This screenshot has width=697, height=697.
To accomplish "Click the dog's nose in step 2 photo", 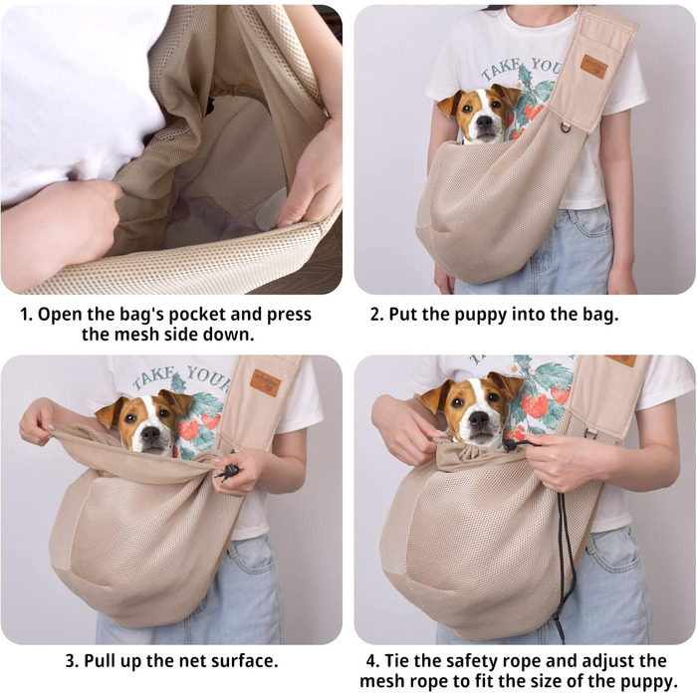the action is pyautogui.click(x=485, y=122).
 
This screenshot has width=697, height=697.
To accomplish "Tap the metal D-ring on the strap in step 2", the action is pyautogui.click(x=565, y=127).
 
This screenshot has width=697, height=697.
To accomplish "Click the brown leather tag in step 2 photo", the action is pyautogui.click(x=593, y=66).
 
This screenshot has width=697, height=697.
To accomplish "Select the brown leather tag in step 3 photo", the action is pyautogui.click(x=265, y=382).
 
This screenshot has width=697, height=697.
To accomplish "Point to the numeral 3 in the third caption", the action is pyautogui.click(x=71, y=661).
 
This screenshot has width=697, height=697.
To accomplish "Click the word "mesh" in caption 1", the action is pyautogui.click(x=134, y=335).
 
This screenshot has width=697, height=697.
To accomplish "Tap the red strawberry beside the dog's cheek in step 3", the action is pyautogui.click(x=187, y=428).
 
